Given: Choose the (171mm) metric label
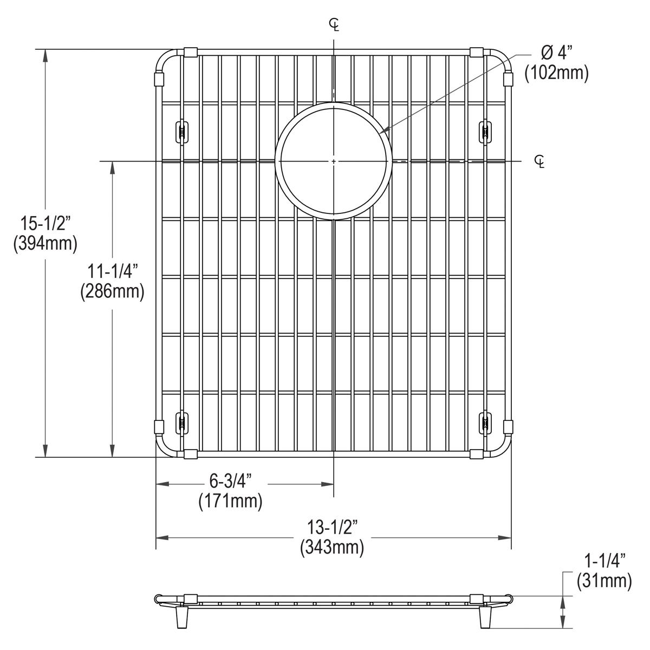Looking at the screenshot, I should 231,501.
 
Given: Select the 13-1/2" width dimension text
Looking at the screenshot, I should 331,526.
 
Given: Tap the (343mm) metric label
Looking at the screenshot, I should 331,547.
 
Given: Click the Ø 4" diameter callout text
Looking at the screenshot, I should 556,53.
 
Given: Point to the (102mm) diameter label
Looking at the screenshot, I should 556,73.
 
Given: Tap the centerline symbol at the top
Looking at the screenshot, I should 334,24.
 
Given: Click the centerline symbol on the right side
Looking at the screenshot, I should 539,161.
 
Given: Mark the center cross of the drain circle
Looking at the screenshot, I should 334,161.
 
